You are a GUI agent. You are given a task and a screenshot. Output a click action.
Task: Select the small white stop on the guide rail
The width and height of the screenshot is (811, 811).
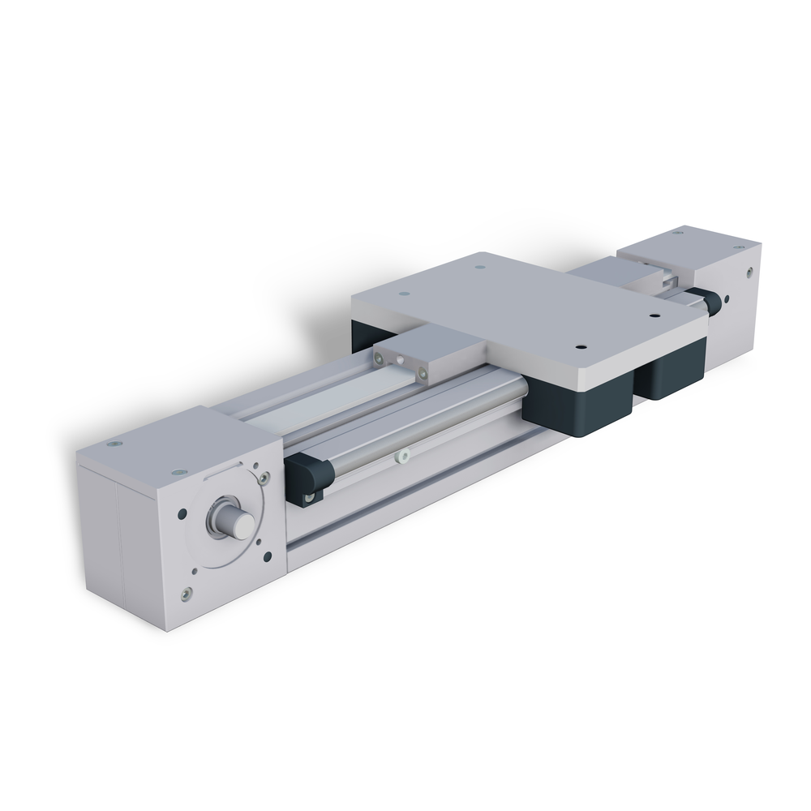pos(400,457)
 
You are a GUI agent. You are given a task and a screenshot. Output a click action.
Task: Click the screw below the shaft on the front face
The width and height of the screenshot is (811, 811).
pos(188,594)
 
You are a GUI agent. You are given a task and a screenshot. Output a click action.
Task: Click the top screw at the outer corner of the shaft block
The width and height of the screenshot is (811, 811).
pos(113,444)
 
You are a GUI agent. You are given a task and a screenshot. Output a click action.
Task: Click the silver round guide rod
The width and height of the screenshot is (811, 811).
pos(422,422)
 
